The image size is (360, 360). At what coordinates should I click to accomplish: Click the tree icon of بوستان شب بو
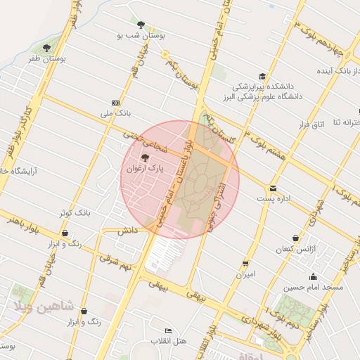coord(141,24)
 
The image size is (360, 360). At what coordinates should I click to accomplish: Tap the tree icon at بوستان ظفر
coord(46,49)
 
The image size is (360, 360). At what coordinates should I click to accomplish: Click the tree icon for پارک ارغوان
coord(146,157)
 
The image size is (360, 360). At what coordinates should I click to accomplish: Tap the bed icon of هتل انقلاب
coord(167,330)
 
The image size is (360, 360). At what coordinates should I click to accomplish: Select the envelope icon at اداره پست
coord(272,188)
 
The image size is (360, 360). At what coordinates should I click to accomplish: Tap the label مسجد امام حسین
coord(313,288)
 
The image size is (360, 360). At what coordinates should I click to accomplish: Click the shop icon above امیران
coord(245,263)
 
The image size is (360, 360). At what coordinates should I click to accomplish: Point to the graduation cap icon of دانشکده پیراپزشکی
coord(262,76)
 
